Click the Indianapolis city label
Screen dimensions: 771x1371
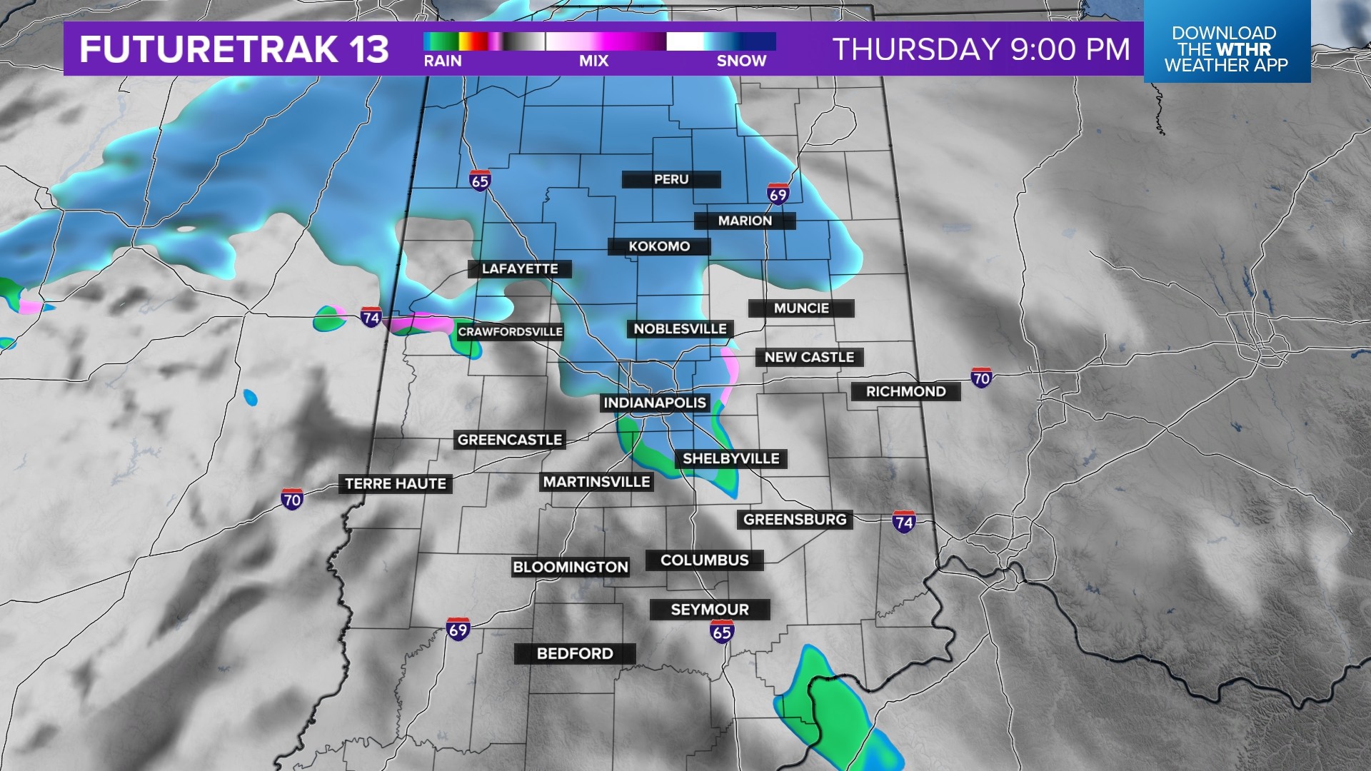pyautogui.click(x=655, y=403)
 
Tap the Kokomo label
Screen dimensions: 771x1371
pyautogui.click(x=659, y=246)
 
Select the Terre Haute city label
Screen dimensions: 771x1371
pyautogui.click(x=396, y=484)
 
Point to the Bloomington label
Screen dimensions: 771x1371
pyautogui.click(x=571, y=568)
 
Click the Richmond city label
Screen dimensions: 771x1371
pyautogui.click(x=905, y=391)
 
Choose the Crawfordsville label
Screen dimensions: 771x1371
pyautogui.click(x=511, y=332)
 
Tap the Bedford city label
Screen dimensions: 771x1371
pyautogui.click(x=575, y=654)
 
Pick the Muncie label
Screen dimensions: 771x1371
pyautogui.click(x=801, y=308)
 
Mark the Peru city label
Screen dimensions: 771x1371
pyautogui.click(x=671, y=179)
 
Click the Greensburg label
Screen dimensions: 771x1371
pyautogui.click(x=795, y=520)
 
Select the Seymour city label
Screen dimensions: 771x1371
pyautogui.click(x=710, y=610)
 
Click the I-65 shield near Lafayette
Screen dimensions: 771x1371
pyautogui.click(x=480, y=181)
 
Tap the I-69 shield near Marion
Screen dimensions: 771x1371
pyautogui.click(x=778, y=194)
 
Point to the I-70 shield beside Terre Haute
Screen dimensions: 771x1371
pyautogui.click(x=292, y=499)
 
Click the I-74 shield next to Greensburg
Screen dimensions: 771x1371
pyautogui.click(x=904, y=522)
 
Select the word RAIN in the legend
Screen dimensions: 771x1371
pyautogui.click(x=443, y=61)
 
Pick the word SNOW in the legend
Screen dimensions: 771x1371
pyautogui.click(x=741, y=61)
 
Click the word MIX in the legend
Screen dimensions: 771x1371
pyautogui.click(x=593, y=61)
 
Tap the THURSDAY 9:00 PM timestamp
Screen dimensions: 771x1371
pyautogui.click(x=982, y=49)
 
